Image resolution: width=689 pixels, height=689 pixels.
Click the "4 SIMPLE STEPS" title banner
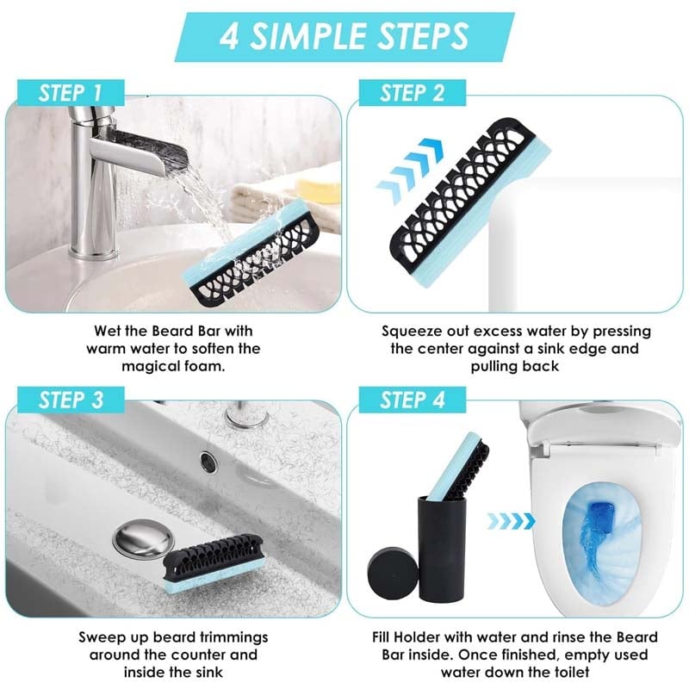(344, 37)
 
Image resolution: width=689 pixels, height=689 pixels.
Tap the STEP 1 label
(71, 93)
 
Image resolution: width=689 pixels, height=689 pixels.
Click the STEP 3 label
(71, 400)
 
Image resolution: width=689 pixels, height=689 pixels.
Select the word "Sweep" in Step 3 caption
(97, 637)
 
